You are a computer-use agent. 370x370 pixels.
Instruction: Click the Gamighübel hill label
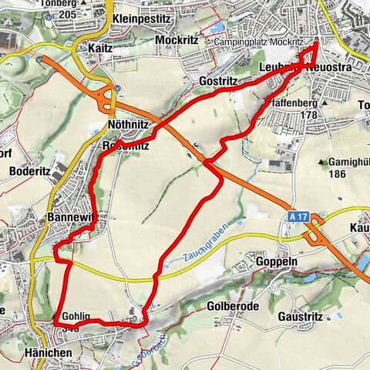[x=348, y=163]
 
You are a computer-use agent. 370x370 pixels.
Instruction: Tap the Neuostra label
[x=329, y=69]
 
